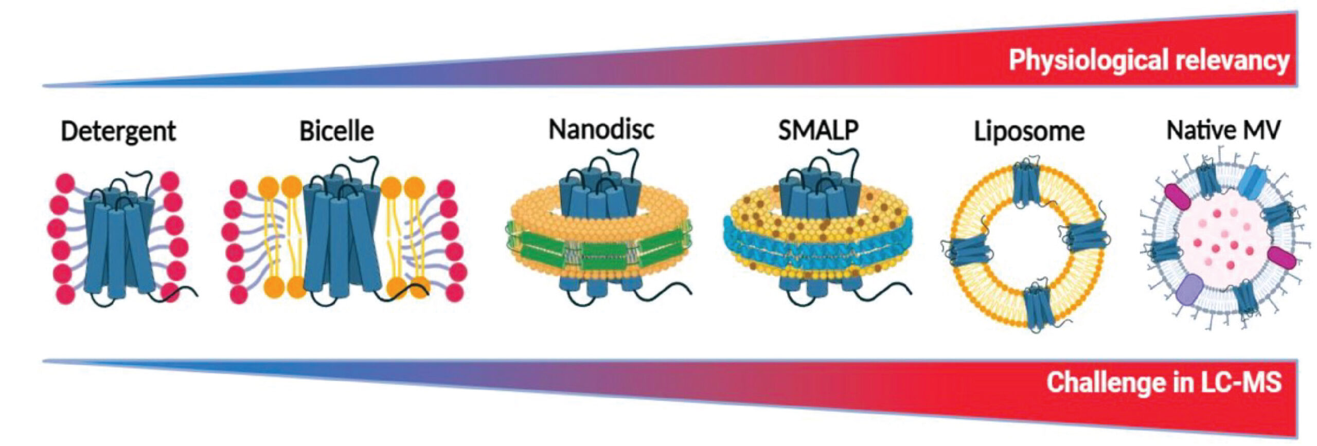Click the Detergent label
pyautogui.click(x=118, y=131)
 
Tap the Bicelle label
pyautogui.click(x=336, y=131)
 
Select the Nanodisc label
pyautogui.click(x=601, y=129)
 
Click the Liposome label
pyautogui.click(x=1029, y=132)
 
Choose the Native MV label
pyautogui.click(x=1223, y=130)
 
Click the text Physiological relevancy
pyautogui.click(x=1148, y=61)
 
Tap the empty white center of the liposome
pyautogui.click(x=1027, y=247)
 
